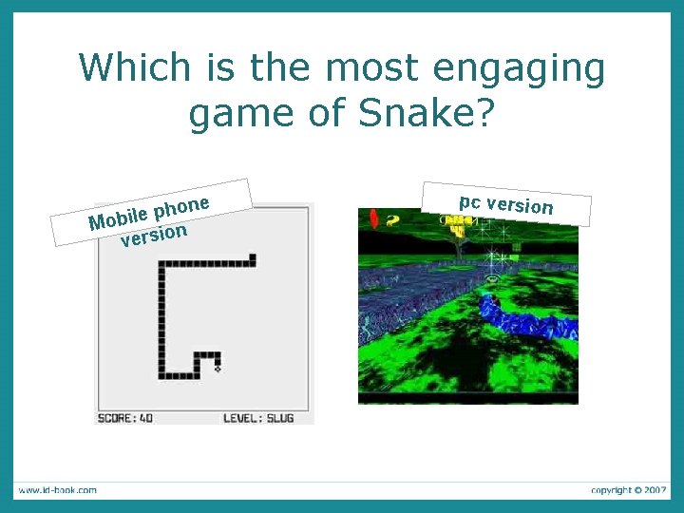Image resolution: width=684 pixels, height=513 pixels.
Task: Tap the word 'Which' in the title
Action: click(134, 68)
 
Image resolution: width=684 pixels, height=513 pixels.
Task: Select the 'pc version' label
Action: click(505, 204)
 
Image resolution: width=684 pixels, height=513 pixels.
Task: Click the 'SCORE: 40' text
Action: click(125, 417)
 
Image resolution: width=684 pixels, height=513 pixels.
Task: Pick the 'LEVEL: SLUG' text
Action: click(258, 417)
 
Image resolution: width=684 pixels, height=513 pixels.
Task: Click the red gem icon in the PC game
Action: click(374, 219)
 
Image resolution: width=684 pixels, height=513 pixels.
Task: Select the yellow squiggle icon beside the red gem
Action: click(391, 219)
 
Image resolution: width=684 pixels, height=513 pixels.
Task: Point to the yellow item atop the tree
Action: click(459, 225)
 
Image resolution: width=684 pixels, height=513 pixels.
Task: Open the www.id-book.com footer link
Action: click(56, 490)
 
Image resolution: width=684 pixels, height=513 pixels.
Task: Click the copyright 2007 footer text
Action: click(628, 490)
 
